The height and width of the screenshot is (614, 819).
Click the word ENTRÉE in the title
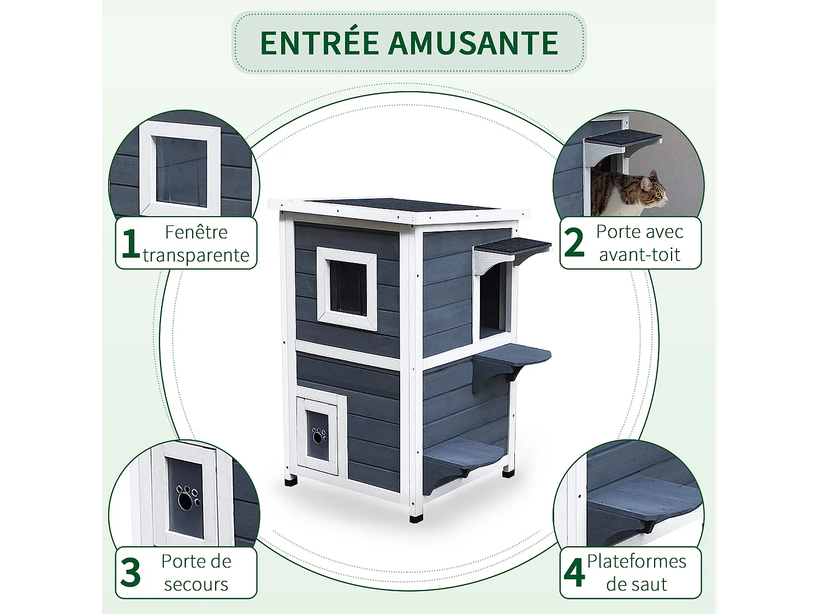click(319, 43)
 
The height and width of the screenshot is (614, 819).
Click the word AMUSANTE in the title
click(473, 43)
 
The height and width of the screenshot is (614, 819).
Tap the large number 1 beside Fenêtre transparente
click(130, 243)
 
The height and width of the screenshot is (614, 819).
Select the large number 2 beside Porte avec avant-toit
click(574, 243)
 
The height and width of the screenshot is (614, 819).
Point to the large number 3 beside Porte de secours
click(130, 573)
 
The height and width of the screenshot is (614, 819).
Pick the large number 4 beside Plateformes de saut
click(574, 573)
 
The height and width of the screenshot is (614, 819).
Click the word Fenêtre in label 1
click(196, 232)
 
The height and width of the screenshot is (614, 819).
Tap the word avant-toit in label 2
click(639, 255)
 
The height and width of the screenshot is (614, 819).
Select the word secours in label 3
click(196, 585)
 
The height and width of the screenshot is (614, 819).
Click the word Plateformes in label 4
click(637, 561)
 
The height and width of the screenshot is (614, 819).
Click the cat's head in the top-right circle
click(653, 190)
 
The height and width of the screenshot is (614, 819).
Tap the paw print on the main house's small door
click(318, 436)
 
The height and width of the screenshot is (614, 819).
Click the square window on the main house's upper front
click(347, 288)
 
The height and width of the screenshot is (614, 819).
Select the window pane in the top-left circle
click(181, 171)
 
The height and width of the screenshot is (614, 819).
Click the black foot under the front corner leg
click(417, 516)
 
